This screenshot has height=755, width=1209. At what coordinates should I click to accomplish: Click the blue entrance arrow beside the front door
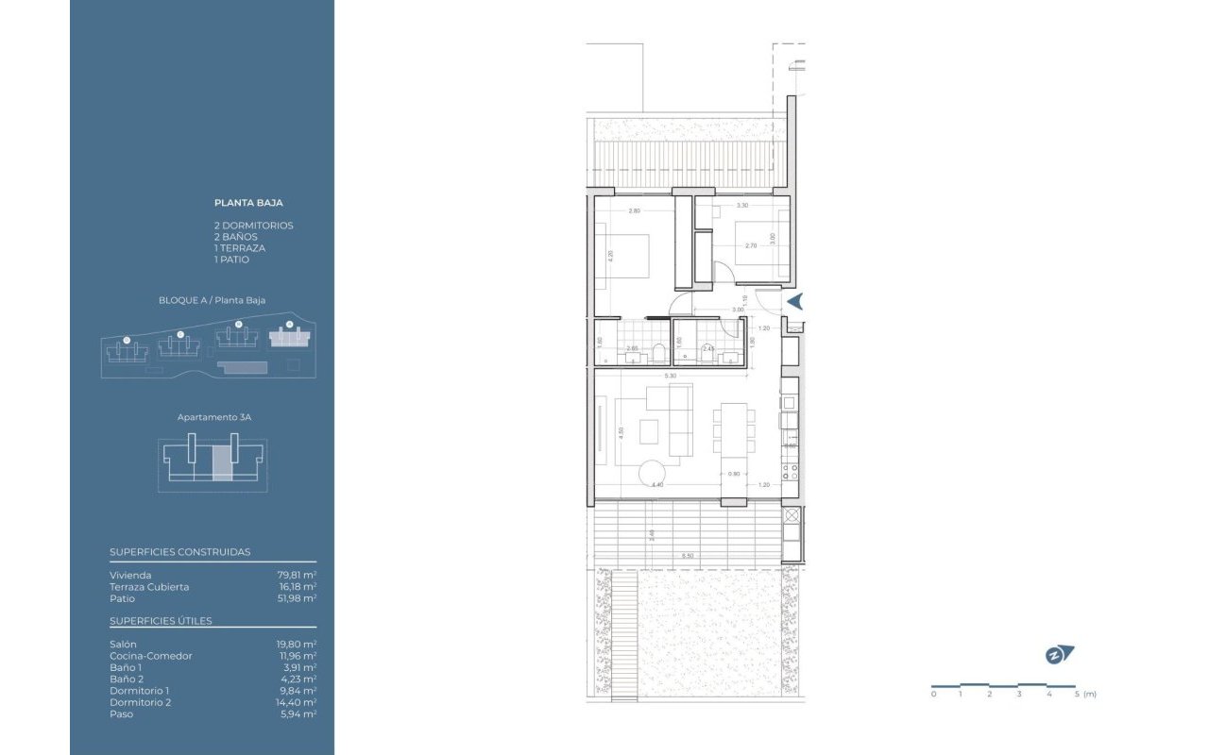tap(795, 301)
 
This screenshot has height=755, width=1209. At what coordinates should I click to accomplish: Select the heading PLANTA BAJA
tap(248, 202)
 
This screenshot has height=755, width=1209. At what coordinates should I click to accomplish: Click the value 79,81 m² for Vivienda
tap(297, 575)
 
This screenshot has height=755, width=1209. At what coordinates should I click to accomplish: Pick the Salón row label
tap(123, 645)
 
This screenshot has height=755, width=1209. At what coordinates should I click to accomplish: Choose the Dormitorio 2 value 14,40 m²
tap(297, 702)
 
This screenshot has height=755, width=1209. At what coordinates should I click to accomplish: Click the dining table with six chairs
tap(734, 432)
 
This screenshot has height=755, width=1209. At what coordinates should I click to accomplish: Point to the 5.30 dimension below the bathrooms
tap(670, 376)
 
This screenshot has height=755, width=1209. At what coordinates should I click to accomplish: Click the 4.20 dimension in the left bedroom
tap(611, 255)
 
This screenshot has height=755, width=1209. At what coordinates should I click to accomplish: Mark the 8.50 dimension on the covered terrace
tap(688, 556)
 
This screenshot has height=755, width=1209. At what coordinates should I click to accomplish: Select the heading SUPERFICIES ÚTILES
tap(161, 621)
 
